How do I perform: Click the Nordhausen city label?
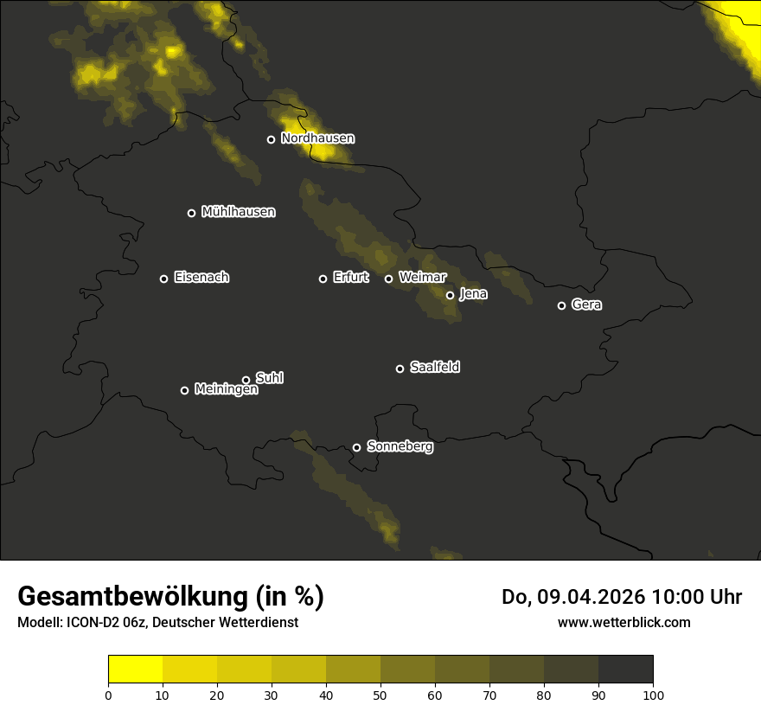pyautogui.click(x=317, y=138)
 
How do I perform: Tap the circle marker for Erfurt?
pyautogui.click(x=323, y=279)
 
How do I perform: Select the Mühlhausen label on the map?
pyautogui.click(x=238, y=212)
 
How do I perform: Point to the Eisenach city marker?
pyautogui.click(x=163, y=279)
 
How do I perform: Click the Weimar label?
pyautogui.click(x=423, y=278)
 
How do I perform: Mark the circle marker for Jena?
pyautogui.click(x=450, y=295)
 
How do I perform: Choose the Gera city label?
pyautogui.click(x=586, y=305)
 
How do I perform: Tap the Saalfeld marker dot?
pyautogui.click(x=400, y=369)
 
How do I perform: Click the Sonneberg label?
pyautogui.click(x=400, y=446)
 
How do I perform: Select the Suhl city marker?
pyautogui.click(x=246, y=380)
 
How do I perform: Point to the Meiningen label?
pyautogui.click(x=226, y=389)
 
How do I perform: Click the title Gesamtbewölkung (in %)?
pyautogui.click(x=170, y=597)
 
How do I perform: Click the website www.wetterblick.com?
pyautogui.click(x=624, y=622)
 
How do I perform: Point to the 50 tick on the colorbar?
pyautogui.click(x=380, y=694)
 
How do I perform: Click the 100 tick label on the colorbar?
pyautogui.click(x=653, y=694)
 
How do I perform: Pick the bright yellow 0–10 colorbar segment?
pyautogui.click(x=135, y=670)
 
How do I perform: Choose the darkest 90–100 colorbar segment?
pyautogui.click(x=625, y=670)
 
